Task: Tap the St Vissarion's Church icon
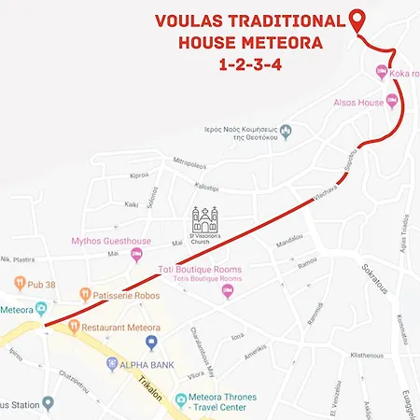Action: point(203,221)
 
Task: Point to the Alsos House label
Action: point(355,101)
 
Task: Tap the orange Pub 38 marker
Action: point(19,280)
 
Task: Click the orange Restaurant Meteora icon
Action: point(72,328)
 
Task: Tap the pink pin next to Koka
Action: point(381,73)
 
